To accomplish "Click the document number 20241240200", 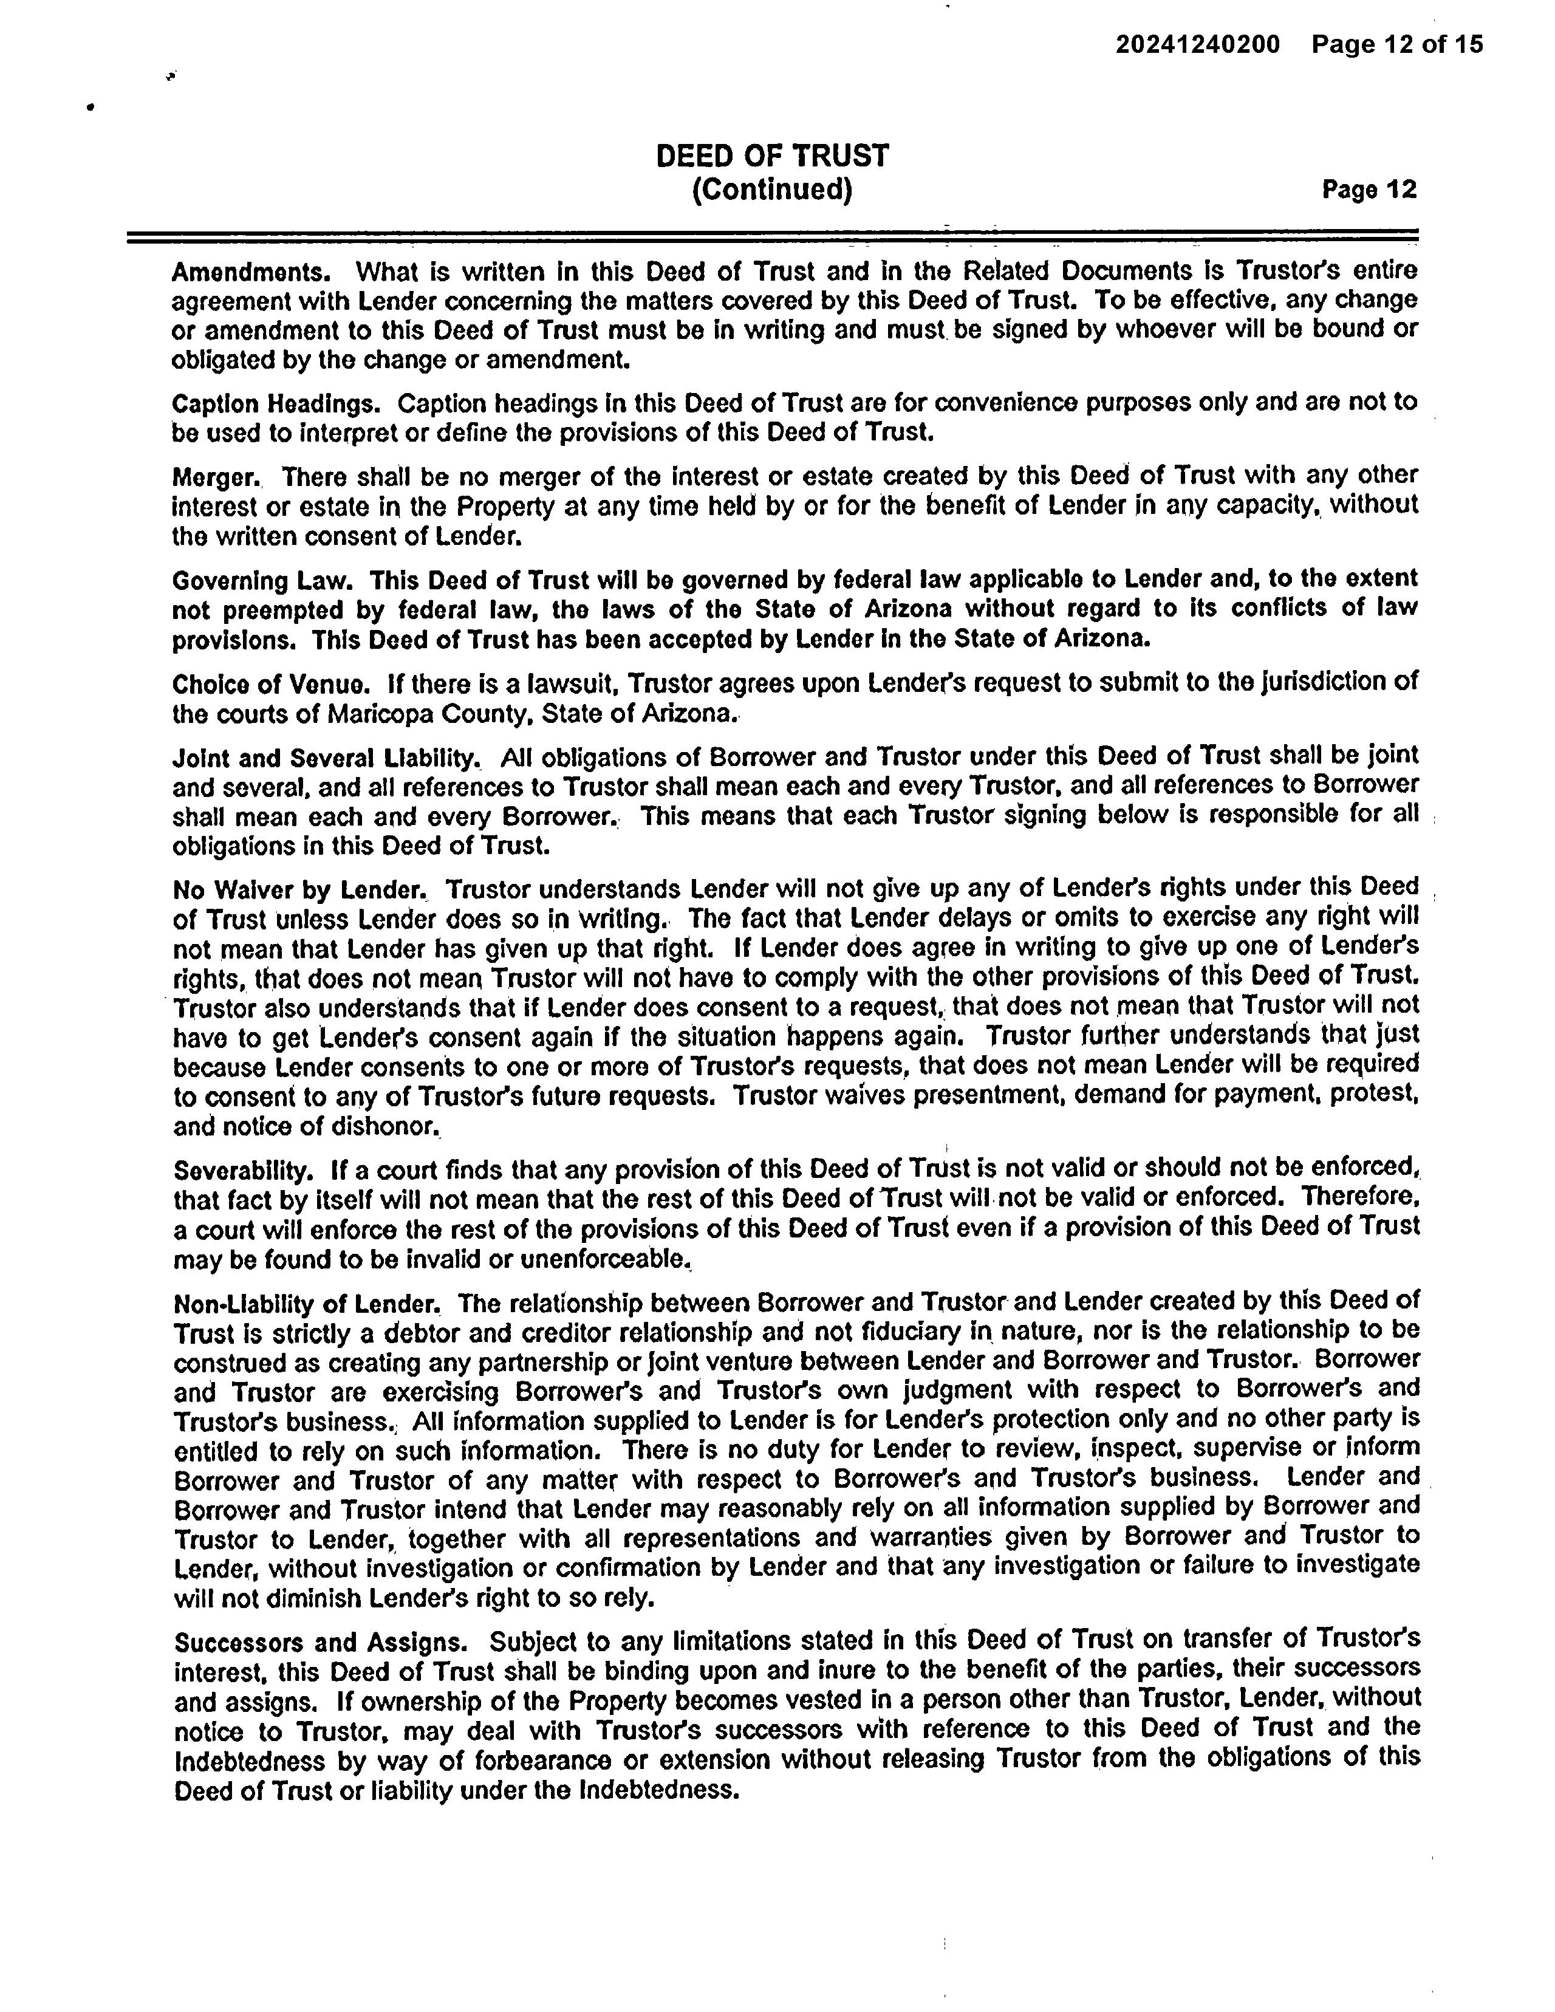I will (x=1198, y=44).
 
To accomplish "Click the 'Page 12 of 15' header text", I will (x=1398, y=44).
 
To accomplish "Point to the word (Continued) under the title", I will (x=772, y=190).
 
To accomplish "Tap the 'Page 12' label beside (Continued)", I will (x=1369, y=190).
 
